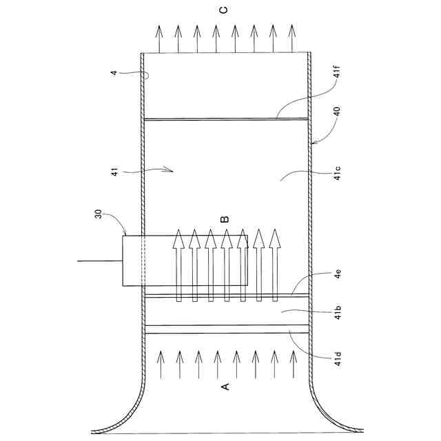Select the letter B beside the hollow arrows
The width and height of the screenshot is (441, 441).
225,220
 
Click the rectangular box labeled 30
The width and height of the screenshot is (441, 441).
185,260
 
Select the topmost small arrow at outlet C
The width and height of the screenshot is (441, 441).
159,39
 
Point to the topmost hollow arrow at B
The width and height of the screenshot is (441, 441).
178,265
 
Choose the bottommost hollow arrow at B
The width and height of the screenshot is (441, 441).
275,265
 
